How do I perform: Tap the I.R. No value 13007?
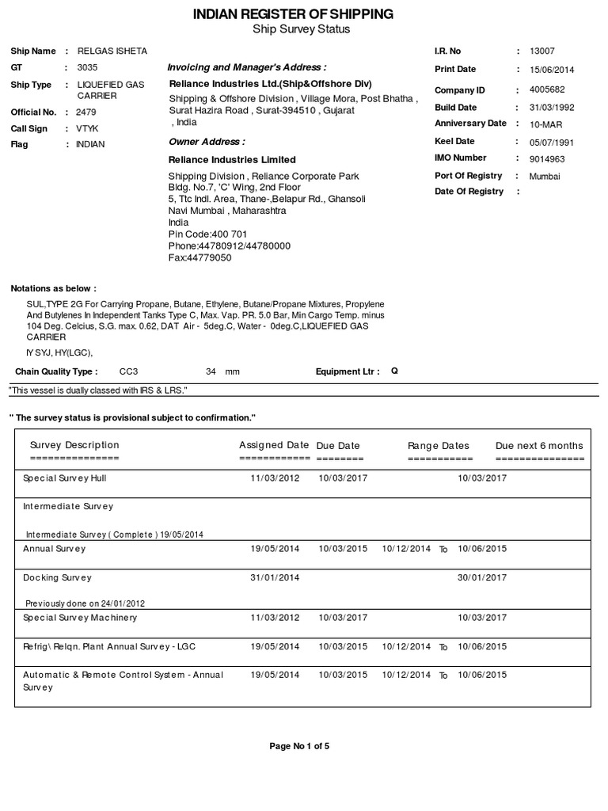point(542,51)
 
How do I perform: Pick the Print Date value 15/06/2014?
point(552,70)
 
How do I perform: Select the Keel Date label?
point(454,142)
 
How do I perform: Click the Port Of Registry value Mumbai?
point(545,177)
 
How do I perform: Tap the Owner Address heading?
point(207,142)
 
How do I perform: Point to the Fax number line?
point(200,257)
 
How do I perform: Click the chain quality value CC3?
point(128,371)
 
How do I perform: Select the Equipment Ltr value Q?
point(394,371)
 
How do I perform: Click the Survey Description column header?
point(74,445)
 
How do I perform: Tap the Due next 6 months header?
point(539,446)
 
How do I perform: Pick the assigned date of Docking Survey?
point(275,578)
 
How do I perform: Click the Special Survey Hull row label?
point(65,478)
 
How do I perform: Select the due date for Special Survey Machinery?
point(343,618)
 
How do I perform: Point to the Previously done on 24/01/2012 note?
point(85,603)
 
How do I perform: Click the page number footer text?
point(299,746)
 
